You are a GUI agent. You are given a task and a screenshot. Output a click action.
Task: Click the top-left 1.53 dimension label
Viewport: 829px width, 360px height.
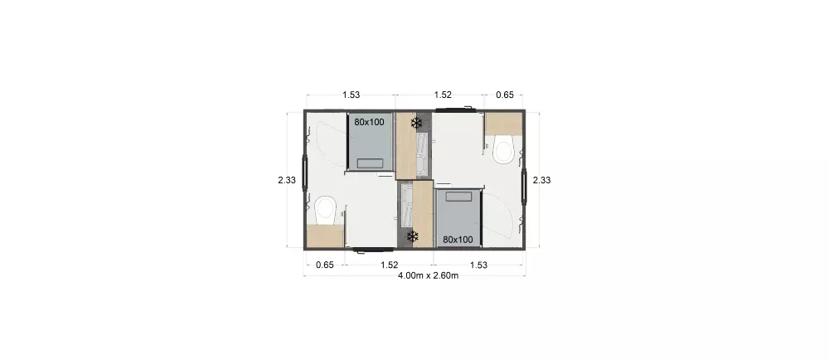pos(351,95)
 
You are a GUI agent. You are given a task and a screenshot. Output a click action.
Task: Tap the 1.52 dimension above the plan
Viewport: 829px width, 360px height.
pos(444,95)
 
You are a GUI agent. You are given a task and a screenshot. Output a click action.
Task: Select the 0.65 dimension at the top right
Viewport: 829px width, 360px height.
pos(504,95)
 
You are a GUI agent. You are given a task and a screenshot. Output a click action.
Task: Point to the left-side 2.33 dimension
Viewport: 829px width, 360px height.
pos(287,179)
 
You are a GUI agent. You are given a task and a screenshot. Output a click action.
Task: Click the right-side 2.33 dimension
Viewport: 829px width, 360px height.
pos(541,179)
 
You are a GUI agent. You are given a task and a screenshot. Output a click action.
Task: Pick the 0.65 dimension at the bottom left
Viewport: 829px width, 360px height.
pos(324,265)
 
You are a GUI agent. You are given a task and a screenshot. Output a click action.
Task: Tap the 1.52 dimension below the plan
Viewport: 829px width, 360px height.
pos(389,265)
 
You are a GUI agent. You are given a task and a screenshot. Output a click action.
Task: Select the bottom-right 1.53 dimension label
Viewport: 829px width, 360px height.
pos(478,265)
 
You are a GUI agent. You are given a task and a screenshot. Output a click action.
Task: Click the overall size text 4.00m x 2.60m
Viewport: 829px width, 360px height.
pos(428,275)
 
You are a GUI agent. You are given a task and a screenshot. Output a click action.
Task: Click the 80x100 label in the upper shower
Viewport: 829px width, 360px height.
pos(369,122)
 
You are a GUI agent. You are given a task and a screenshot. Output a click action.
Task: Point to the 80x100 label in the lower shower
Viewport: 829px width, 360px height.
pos(458,239)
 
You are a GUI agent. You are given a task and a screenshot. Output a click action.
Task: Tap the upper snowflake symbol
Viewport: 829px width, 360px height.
pos(417,123)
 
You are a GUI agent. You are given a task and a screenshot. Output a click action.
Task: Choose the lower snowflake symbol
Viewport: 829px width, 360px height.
pos(411,237)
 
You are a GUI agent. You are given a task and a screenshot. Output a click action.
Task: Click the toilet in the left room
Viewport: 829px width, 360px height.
pos(324,208)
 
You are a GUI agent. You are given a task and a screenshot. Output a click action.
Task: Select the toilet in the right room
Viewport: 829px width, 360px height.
pos(504,151)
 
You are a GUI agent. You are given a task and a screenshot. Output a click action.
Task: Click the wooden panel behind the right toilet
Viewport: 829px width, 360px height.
pos(504,122)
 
